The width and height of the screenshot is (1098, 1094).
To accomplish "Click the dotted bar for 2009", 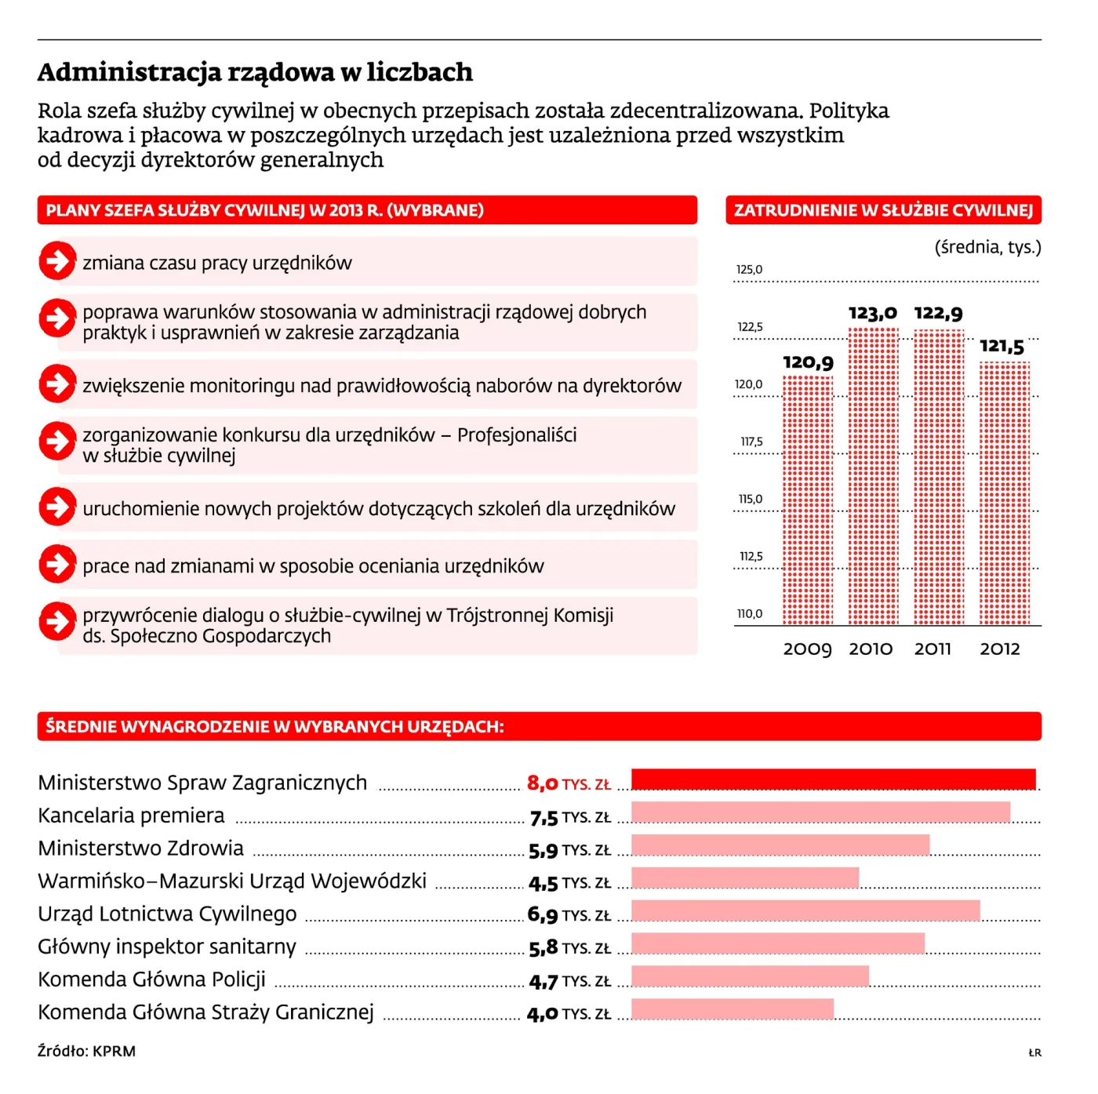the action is coord(807,500).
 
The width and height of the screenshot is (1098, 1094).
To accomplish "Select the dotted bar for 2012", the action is coord(1005,493).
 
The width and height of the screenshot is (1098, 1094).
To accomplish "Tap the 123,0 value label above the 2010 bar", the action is coord(872,313).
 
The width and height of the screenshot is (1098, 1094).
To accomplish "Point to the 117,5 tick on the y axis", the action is coord(751,442).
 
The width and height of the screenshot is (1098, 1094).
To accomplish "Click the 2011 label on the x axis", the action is coord(933,649).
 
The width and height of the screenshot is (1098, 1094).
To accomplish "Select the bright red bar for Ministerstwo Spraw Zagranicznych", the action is coord(833,779).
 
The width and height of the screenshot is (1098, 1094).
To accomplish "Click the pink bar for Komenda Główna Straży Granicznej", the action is coord(733,1009).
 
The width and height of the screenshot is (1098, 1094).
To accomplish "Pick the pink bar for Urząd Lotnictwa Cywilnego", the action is coord(805,910).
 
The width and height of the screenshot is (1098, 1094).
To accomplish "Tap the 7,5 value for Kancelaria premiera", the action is coord(544,818).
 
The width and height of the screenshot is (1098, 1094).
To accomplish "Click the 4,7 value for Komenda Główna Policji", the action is coord(543,982).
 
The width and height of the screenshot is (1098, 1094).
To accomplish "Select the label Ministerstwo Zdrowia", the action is coord(140,849).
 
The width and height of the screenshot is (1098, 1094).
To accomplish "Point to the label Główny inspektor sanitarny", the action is coord(167,947).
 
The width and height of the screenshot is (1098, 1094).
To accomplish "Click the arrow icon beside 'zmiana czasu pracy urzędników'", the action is coord(57,261).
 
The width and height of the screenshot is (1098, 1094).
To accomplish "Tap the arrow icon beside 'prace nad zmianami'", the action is coord(57,564).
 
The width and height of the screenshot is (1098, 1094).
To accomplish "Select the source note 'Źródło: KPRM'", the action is coord(86,1052).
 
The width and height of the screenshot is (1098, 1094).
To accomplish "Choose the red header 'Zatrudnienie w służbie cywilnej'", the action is coord(883,210).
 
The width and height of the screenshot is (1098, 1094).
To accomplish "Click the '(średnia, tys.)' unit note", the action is coord(988,247).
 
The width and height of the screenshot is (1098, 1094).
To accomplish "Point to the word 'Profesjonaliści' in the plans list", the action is coord(517,435).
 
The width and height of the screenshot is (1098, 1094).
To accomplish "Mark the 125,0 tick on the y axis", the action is coord(749,270).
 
